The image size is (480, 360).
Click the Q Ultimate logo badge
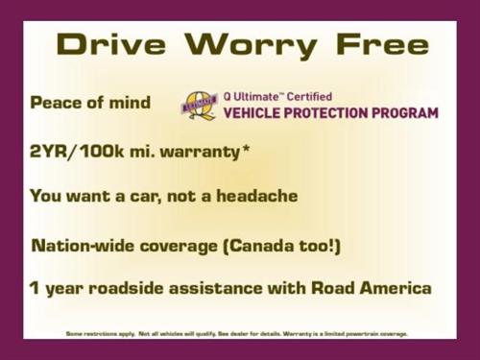(x=201, y=105)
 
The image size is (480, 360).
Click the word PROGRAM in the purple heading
(x=404, y=113)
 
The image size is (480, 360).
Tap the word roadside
(x=134, y=288)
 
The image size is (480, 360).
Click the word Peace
(x=56, y=103)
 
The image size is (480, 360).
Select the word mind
(x=129, y=103)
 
